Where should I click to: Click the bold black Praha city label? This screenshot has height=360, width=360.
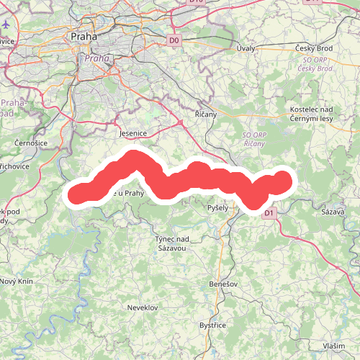coord(84,35)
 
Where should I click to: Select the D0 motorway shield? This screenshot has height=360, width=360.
coord(174,40)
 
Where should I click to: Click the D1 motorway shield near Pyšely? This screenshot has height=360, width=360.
coord(269,213)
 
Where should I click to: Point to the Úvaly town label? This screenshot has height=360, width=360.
coord(246,48)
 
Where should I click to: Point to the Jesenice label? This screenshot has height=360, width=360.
coord(132,133)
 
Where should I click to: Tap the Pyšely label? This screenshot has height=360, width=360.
coord(217,207)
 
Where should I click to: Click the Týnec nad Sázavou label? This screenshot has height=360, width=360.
coord(172,243)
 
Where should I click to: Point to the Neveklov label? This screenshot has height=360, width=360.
coord(142,307)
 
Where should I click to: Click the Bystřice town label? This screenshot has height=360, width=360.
coord(213,325)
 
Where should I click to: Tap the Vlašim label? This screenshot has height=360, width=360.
coord(333,346)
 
